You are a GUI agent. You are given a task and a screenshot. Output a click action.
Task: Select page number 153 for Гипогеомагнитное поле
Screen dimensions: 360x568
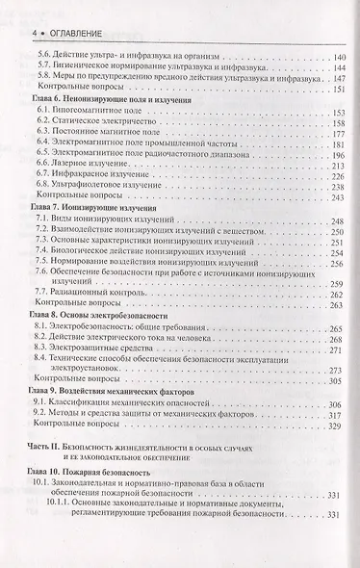(337, 141)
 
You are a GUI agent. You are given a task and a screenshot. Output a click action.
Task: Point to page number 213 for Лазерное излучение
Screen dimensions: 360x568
(337, 194)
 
